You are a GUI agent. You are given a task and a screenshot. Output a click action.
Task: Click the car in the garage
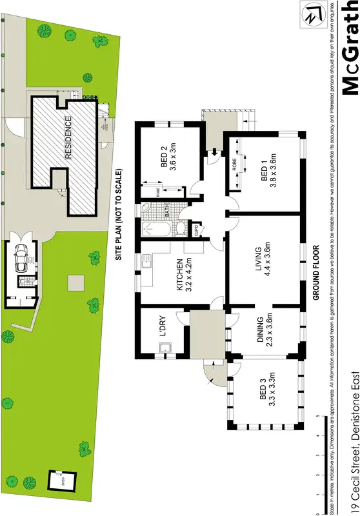[x=21, y=258]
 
